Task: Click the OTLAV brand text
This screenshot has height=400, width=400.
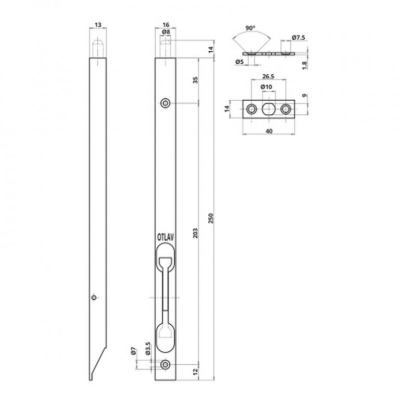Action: point(165,237)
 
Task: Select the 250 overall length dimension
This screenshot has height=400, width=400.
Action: point(210,218)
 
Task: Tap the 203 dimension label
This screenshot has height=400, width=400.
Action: point(195,233)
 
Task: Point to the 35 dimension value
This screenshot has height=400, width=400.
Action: point(195,80)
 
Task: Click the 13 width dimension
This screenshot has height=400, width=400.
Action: point(98,24)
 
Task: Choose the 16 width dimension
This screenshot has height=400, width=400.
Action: point(166,24)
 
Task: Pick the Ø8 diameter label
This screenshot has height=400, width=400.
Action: point(166,32)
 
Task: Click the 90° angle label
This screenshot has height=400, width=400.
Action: point(250,28)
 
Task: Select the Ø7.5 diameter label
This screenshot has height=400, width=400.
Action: point(298,38)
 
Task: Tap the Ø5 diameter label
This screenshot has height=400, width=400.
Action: point(239,61)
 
